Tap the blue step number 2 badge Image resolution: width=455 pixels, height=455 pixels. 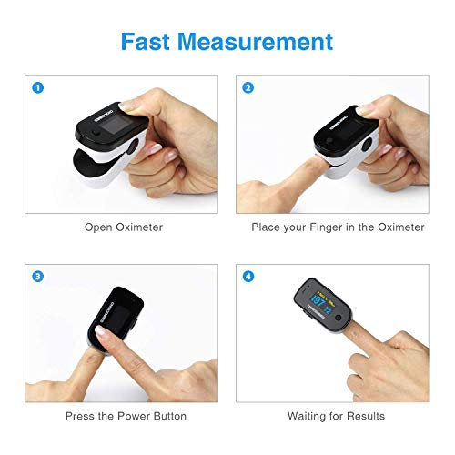(248, 88)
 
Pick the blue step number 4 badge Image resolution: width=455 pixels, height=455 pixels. (248, 276)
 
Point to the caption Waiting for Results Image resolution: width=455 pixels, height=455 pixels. (337, 416)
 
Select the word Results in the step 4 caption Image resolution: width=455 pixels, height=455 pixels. (365, 416)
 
